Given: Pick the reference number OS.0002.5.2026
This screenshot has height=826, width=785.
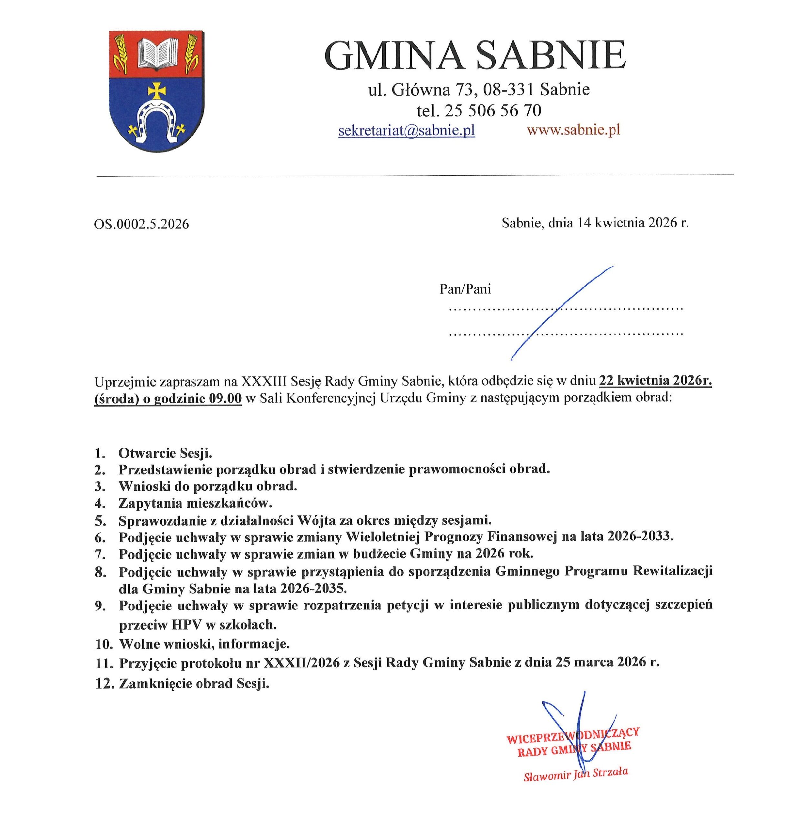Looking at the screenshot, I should click(141, 225).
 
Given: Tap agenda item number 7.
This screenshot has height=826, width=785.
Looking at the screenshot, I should click(99, 555).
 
